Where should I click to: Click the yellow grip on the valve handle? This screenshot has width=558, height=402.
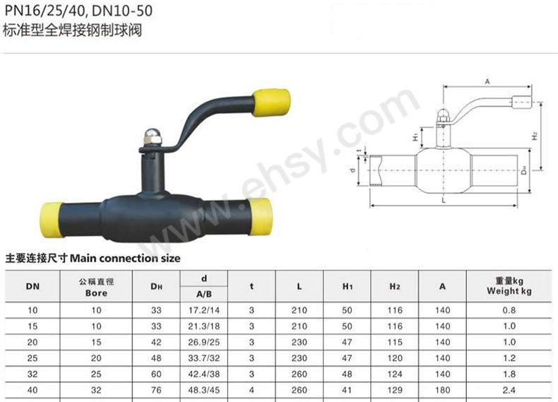tap(271, 102)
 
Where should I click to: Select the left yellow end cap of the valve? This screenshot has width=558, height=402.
tap(52, 220)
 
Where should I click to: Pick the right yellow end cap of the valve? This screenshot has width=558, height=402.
tap(260, 216)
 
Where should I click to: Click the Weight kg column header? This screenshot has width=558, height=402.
tap(509, 286)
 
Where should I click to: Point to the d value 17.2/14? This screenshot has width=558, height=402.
tap(204, 310)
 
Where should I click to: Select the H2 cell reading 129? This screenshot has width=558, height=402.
tap(395, 390)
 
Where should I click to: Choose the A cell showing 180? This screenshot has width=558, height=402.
tap(442, 390)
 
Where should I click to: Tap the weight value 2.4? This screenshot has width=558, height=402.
tap(509, 390)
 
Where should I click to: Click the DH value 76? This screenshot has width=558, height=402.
tap(156, 390)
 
